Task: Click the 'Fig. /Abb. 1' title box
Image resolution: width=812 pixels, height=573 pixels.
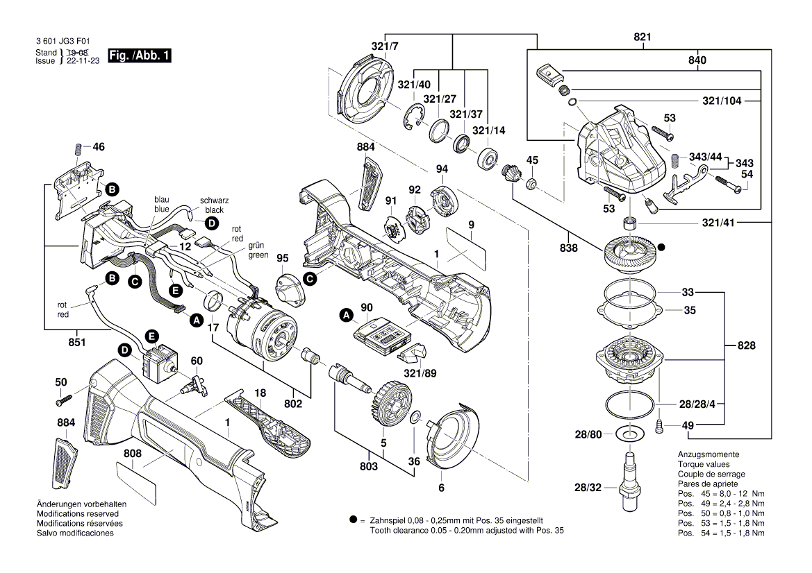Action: pyautogui.click(x=139, y=55)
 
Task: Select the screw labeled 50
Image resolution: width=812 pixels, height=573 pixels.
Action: pyautogui.click(x=63, y=400)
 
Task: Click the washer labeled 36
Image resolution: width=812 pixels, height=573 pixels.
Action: pyautogui.click(x=414, y=417)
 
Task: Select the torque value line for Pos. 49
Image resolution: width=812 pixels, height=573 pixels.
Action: pyautogui.click(x=721, y=503)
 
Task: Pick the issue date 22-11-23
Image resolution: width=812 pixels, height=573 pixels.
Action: pyautogui.click(x=81, y=61)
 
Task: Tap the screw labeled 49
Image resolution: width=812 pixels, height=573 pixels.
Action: pyautogui.click(x=660, y=425)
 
